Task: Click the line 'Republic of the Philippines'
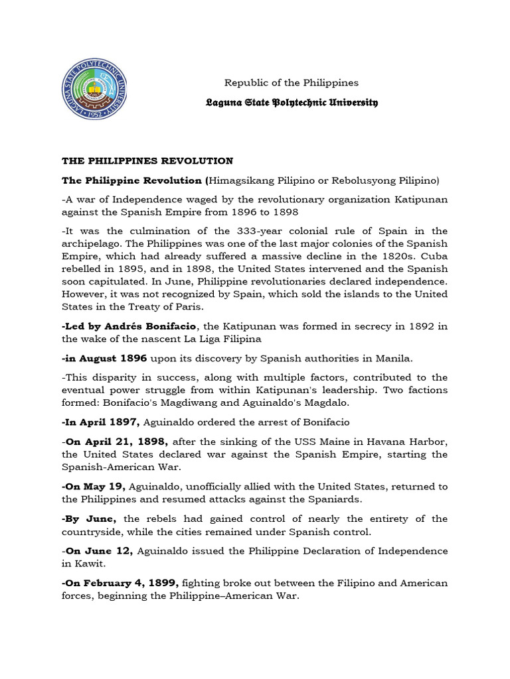click(292, 83)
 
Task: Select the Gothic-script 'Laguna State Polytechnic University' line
click(292, 103)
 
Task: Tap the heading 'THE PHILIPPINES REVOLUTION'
click(147, 161)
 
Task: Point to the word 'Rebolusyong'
click(375, 180)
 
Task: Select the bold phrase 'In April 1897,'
click(101, 422)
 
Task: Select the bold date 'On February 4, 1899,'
click(122, 583)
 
